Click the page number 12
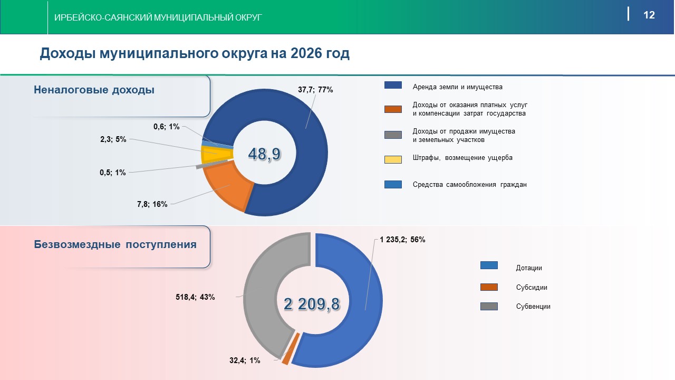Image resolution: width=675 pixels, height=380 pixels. tap(649, 15)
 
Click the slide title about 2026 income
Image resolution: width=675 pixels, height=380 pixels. tap(195, 53)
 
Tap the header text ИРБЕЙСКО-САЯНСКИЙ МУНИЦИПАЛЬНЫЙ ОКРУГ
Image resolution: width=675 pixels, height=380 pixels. tap(158, 18)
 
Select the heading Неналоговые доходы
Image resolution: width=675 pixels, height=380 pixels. tap(94, 90)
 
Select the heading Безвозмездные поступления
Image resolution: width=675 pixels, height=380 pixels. tap(115, 244)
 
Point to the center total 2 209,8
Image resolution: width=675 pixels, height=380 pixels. tap(312, 304)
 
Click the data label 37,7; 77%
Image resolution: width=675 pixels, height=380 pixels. tap(315, 90)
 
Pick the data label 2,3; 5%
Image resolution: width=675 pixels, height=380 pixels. tap(113, 140)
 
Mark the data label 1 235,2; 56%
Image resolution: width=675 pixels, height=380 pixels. tap(402, 239)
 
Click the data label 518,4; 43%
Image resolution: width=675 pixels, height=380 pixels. tap(195, 297)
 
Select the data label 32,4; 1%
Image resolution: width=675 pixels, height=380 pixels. tap(245, 360)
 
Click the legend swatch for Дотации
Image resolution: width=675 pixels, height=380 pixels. tap(489, 265)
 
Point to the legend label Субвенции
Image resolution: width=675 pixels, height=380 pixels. tap(533, 306)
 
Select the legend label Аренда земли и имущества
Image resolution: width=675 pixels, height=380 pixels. tap(457, 87)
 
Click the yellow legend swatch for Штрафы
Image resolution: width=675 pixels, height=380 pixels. tap(393, 159)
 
